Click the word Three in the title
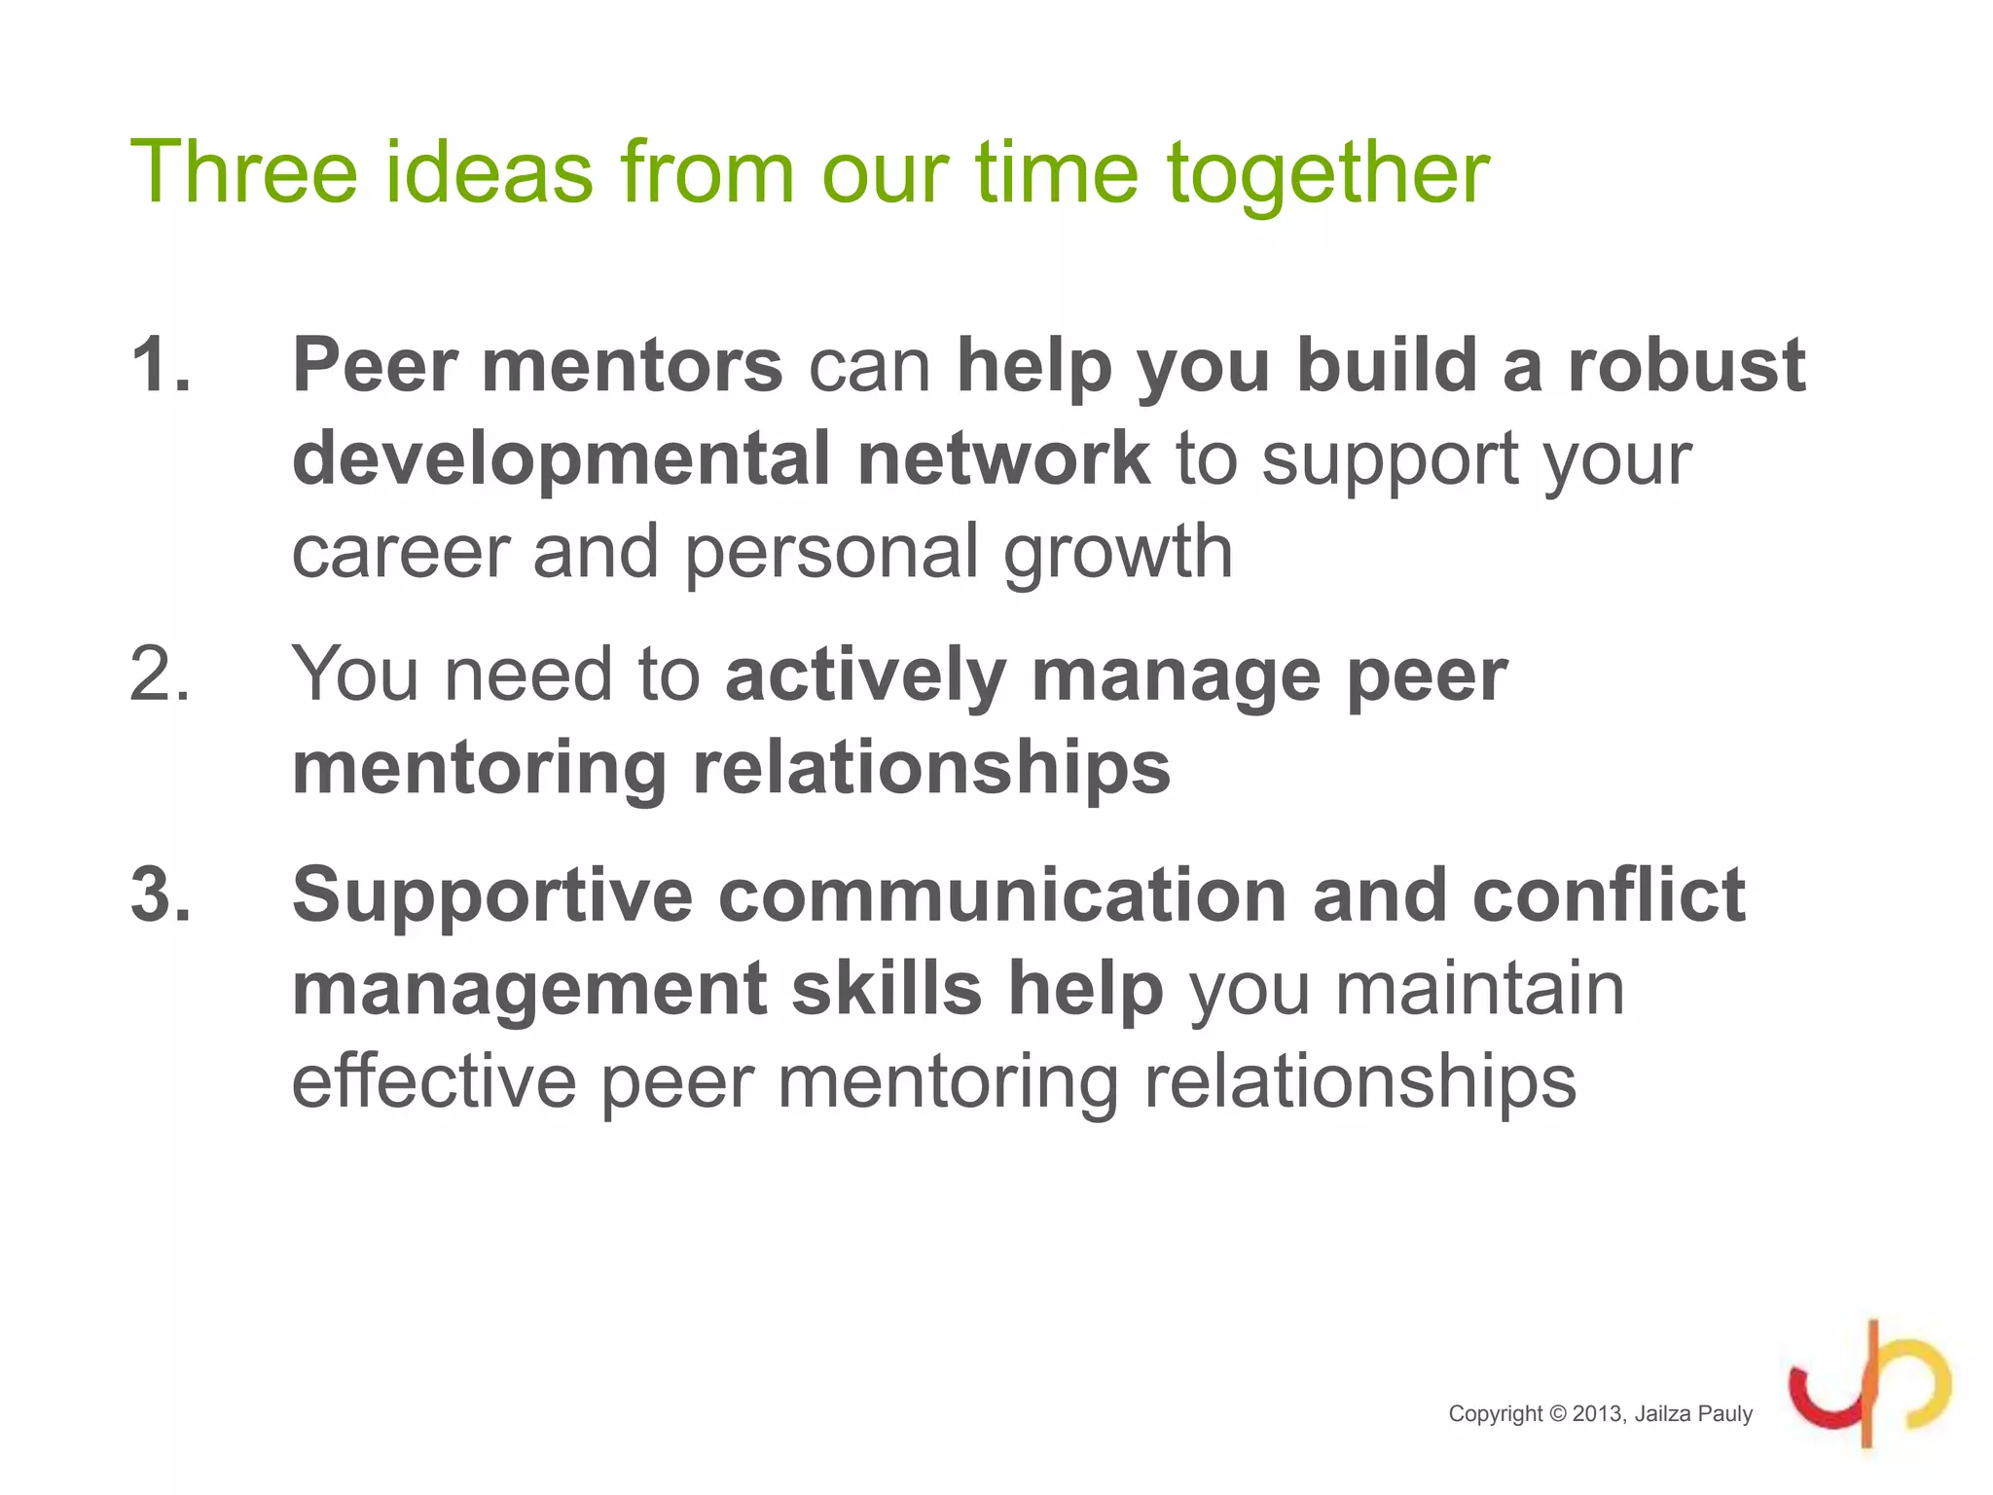pyautogui.click(x=244, y=172)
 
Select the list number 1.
pyautogui.click(x=161, y=365)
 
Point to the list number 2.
pyautogui.click(x=161, y=674)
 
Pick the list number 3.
pyautogui.click(x=161, y=894)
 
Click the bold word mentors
pyautogui.click(x=632, y=365)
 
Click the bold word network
pyautogui.click(x=1003, y=458)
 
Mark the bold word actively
pyautogui.click(x=865, y=675)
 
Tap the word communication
pyautogui.click(x=1002, y=894)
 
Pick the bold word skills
pyautogui.click(x=886, y=988)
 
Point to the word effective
pyautogui.click(x=433, y=1081)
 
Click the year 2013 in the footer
pyautogui.click(x=1598, y=1414)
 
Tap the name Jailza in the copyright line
pyautogui.click(x=1662, y=1414)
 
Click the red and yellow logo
pyautogui.click(x=1869, y=1385)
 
